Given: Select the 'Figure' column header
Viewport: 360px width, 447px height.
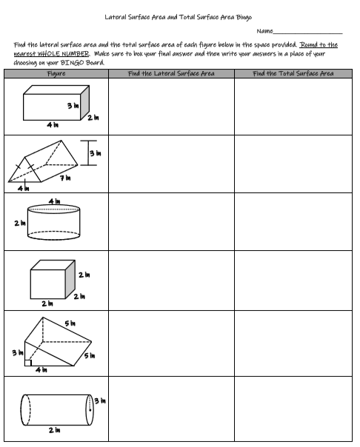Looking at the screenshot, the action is point(56,73).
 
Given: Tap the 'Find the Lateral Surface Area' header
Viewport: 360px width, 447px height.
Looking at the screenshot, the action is point(170,73).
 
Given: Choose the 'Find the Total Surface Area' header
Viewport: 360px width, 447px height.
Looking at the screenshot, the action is point(293,73).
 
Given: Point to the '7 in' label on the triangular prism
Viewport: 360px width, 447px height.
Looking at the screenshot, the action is point(66,178).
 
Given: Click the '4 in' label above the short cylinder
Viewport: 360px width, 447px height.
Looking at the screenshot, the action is point(54,201).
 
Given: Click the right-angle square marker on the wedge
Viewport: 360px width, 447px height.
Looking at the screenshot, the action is point(27,362).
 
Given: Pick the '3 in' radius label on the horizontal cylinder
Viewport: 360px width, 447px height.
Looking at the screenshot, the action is point(99,402).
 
